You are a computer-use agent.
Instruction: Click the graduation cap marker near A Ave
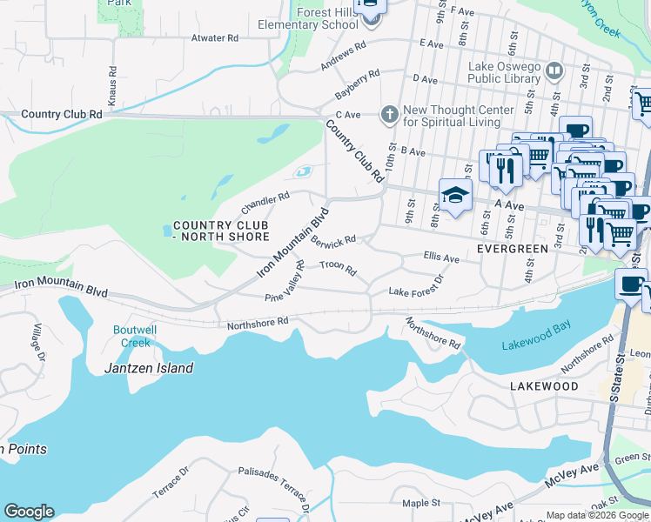coord(454,196)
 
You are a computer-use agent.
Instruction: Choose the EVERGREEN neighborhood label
coord(513,249)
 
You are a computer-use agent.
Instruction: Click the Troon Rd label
coord(338,268)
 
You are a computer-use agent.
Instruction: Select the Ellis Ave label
coord(440,258)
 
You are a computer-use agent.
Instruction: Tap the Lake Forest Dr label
coord(416,286)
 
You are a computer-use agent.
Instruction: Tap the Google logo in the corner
coord(29,512)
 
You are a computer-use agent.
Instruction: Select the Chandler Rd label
coord(265,203)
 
